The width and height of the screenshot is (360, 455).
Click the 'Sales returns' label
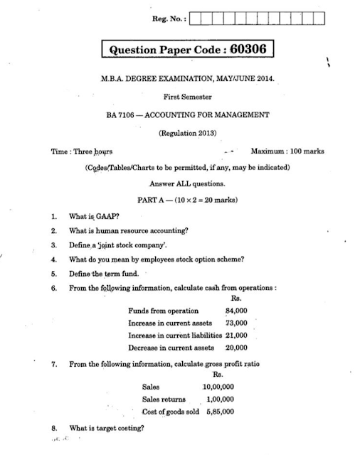164,399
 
